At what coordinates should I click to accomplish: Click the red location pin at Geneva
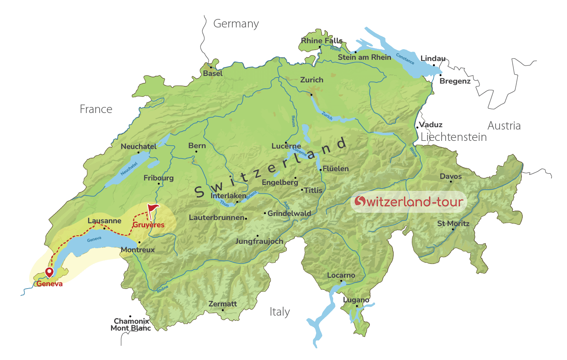(49, 272)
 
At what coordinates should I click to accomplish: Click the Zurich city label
(312, 80)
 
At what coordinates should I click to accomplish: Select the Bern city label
(197, 146)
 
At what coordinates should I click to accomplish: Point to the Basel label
(213, 73)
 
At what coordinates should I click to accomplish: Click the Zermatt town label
(223, 304)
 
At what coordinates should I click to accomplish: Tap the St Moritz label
(453, 224)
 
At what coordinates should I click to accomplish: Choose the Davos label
(450, 176)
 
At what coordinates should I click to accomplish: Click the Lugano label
(356, 300)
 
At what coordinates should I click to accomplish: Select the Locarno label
(341, 275)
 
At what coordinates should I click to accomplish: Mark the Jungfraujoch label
(259, 241)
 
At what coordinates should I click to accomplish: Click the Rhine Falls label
(321, 41)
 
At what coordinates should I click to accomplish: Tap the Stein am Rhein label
(364, 57)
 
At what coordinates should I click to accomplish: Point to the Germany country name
(236, 24)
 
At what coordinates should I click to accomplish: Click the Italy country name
(279, 312)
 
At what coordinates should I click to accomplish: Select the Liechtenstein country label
(453, 137)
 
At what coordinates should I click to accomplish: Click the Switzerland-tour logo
(409, 202)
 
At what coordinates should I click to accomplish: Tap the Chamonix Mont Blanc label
(131, 325)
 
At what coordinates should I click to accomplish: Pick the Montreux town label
(138, 250)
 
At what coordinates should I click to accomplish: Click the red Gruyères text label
(148, 225)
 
